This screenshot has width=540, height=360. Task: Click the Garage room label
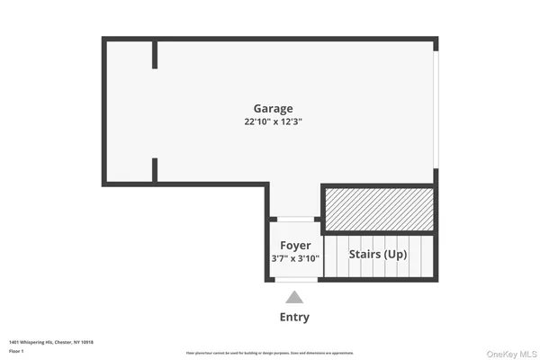point(272,109)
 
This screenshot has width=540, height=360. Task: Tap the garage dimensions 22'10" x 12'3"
point(272,122)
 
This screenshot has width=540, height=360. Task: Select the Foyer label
point(295,245)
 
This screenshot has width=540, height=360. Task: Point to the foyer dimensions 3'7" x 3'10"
point(295,258)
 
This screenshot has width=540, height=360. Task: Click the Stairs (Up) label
point(378,254)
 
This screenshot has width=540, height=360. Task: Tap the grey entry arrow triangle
point(294,298)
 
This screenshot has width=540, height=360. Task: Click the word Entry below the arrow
point(294,317)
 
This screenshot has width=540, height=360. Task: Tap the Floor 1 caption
point(16,351)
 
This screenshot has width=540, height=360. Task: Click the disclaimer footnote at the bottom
point(270,352)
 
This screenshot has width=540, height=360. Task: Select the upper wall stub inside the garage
point(155,54)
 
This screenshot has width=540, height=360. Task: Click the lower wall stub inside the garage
point(155,170)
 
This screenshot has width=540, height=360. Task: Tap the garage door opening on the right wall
point(435,108)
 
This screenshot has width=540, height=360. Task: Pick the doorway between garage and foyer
point(294,219)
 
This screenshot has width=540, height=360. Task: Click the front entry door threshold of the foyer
point(294,280)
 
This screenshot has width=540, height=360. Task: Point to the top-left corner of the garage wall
point(104,40)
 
